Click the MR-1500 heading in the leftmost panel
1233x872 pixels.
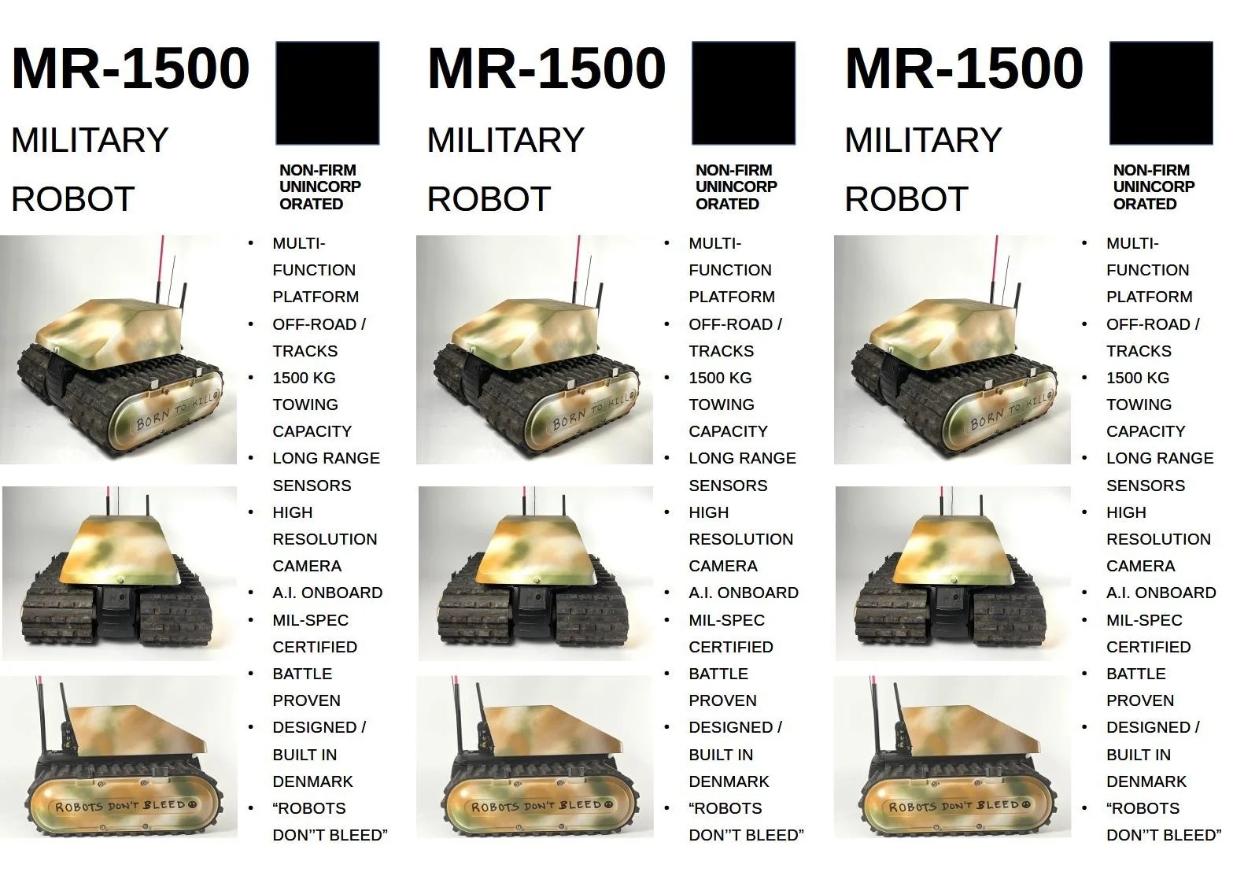click(x=130, y=68)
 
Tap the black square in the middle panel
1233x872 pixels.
click(x=743, y=93)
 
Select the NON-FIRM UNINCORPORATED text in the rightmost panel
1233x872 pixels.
click(x=1153, y=187)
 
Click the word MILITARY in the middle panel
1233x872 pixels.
click(x=505, y=140)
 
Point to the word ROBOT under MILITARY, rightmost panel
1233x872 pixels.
click(x=906, y=199)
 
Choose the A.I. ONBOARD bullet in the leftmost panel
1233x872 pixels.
click(x=327, y=593)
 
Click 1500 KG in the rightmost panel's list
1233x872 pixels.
click(x=1137, y=378)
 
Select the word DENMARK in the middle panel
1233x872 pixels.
click(x=729, y=781)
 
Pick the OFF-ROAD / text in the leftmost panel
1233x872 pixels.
click(x=319, y=324)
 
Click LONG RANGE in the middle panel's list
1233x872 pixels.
click(x=742, y=458)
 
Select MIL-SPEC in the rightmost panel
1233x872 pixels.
click(x=1144, y=620)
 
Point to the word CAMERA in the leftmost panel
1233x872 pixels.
click(x=307, y=566)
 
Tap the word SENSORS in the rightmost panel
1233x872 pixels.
click(x=1145, y=486)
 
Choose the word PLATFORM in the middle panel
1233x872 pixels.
click(x=731, y=297)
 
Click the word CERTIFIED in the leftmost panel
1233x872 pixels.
click(x=315, y=647)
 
